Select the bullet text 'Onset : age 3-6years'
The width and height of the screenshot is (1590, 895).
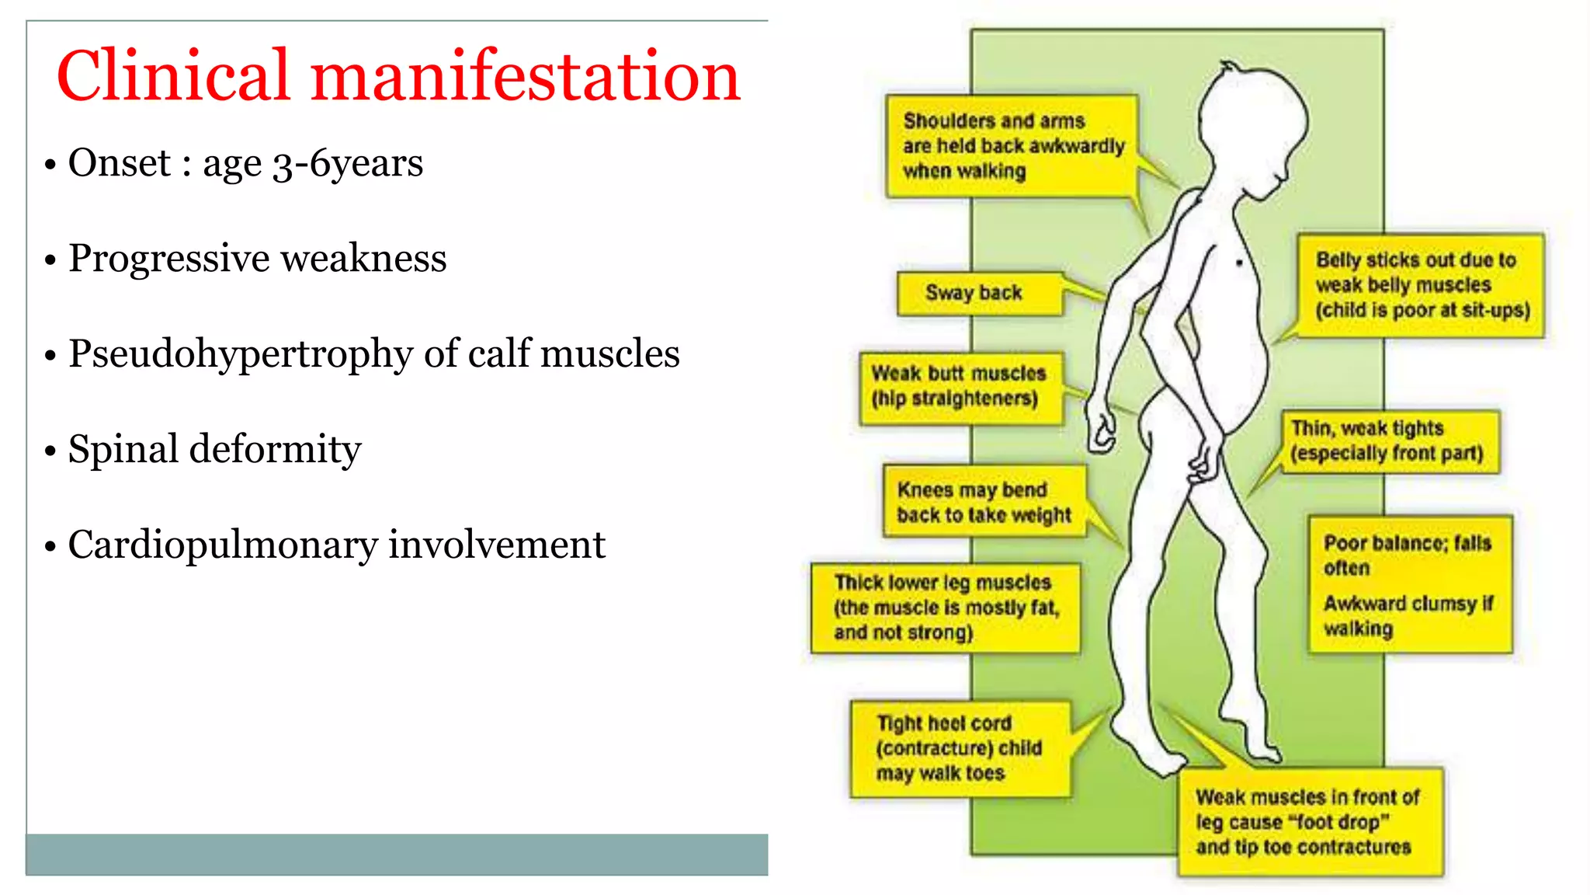pyautogui.click(x=245, y=163)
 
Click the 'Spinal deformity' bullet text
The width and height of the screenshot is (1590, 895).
pyautogui.click(x=214, y=449)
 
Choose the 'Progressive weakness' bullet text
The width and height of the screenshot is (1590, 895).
pyautogui.click(x=257, y=258)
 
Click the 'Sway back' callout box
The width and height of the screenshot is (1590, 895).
pyautogui.click(x=978, y=294)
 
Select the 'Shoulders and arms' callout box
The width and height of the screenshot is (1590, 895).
pyautogui.click(x=1011, y=146)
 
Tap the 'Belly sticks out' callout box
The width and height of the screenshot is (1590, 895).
pyautogui.click(x=1421, y=285)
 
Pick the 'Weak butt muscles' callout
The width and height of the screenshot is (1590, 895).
pyautogui.click(x=960, y=387)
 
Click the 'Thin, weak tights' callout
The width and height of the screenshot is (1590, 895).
pyautogui.click(x=1388, y=441)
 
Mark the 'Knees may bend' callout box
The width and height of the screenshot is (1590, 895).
pyautogui.click(x=984, y=502)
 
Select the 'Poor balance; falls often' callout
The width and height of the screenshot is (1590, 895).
pyautogui.click(x=1409, y=584)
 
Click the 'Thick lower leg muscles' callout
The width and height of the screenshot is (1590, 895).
pyautogui.click(x=945, y=608)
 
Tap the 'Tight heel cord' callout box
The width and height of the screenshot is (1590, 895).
pyautogui.click(x=960, y=748)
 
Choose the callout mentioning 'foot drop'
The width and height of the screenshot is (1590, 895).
pyautogui.click(x=1309, y=822)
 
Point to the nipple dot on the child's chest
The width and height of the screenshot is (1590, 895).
pyautogui.click(x=1239, y=263)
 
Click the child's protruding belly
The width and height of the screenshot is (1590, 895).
pyautogui.click(x=1242, y=365)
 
